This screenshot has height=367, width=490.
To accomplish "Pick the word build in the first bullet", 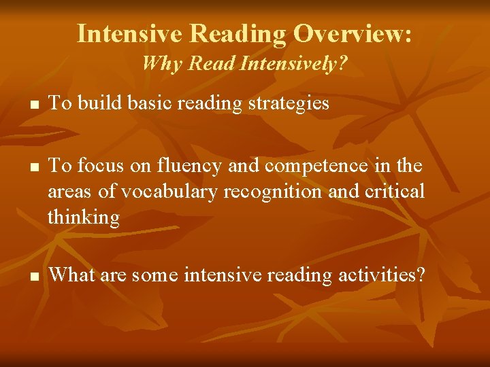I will click(x=95, y=103).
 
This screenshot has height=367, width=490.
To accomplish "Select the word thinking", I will click(x=84, y=217).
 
